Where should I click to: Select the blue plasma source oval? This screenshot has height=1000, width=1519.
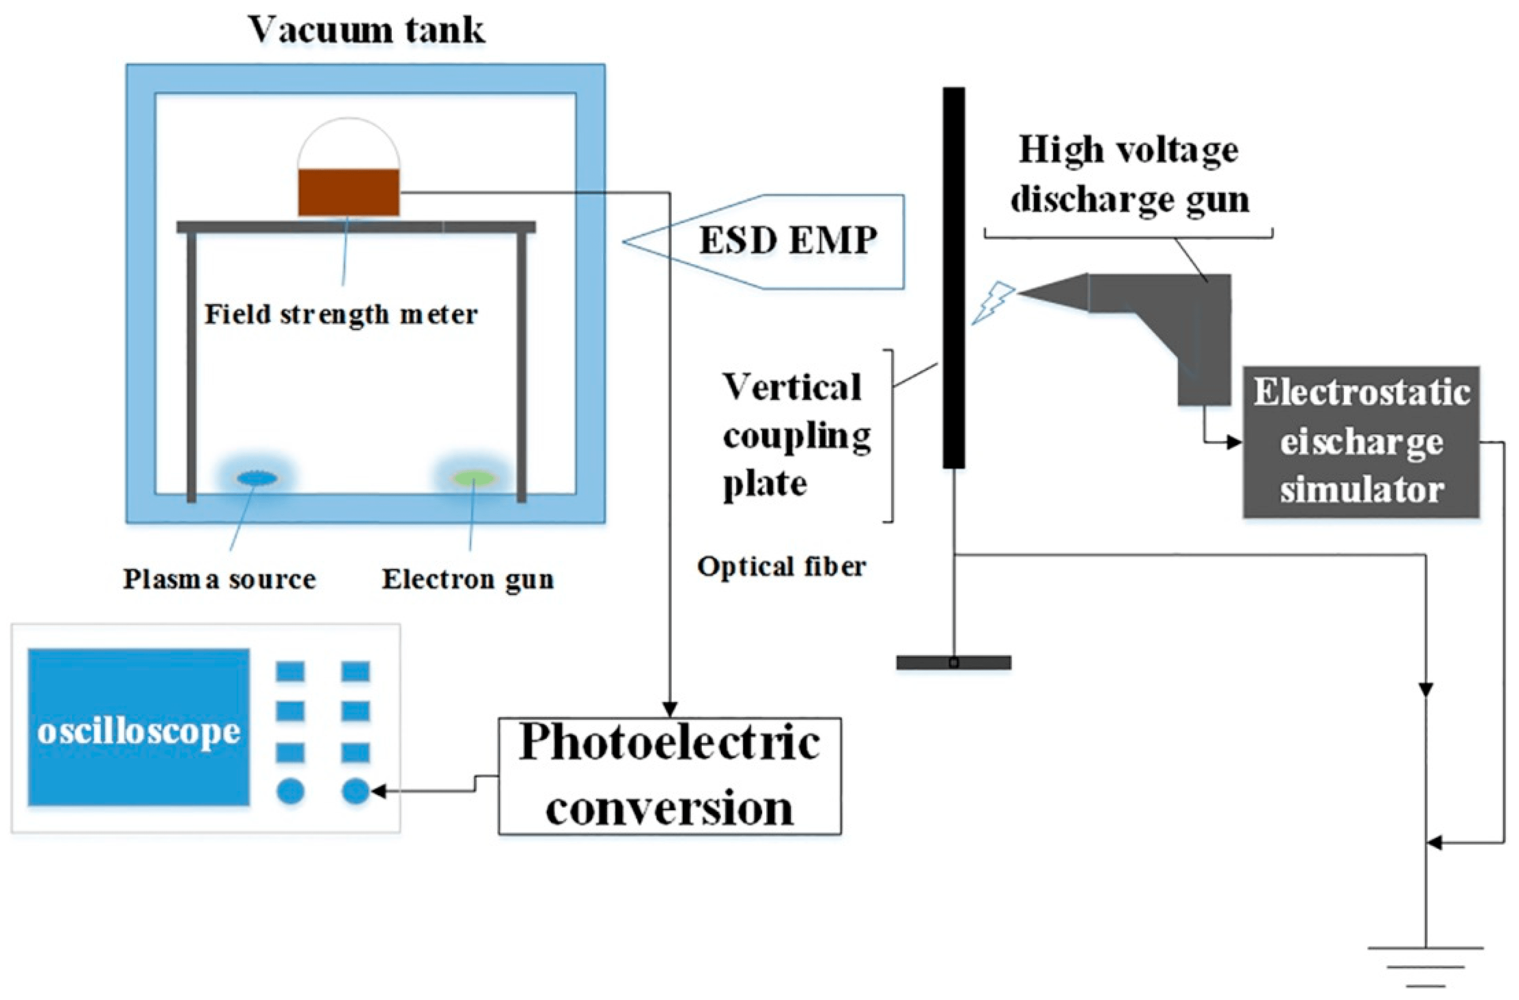(x=257, y=478)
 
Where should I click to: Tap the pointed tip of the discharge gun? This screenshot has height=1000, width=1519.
(x=1025, y=293)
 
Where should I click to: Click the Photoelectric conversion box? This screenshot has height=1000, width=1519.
(x=670, y=776)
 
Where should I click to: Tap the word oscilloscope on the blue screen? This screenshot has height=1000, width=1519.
(x=138, y=731)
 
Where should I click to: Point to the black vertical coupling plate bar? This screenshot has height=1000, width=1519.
(x=954, y=278)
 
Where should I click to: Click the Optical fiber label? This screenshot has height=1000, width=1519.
(x=781, y=567)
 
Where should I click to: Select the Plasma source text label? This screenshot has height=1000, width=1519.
(x=219, y=579)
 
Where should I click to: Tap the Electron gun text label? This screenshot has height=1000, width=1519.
(x=467, y=579)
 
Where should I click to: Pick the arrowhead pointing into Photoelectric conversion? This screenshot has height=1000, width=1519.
(x=670, y=709)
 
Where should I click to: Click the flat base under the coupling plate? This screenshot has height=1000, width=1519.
(x=953, y=662)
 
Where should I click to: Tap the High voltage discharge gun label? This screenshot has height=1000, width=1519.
(x=1128, y=174)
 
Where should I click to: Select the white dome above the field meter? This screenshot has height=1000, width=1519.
(x=348, y=143)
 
